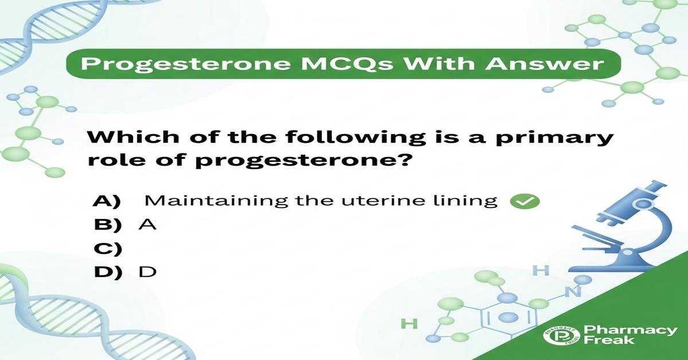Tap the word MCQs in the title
(346, 64)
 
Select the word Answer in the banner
(545, 64)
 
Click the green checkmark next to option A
(525, 202)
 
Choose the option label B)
(108, 225)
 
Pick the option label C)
(108, 248)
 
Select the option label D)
(108, 272)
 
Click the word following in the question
(355, 138)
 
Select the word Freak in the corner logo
(609, 340)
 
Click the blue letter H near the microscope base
(541, 271)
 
